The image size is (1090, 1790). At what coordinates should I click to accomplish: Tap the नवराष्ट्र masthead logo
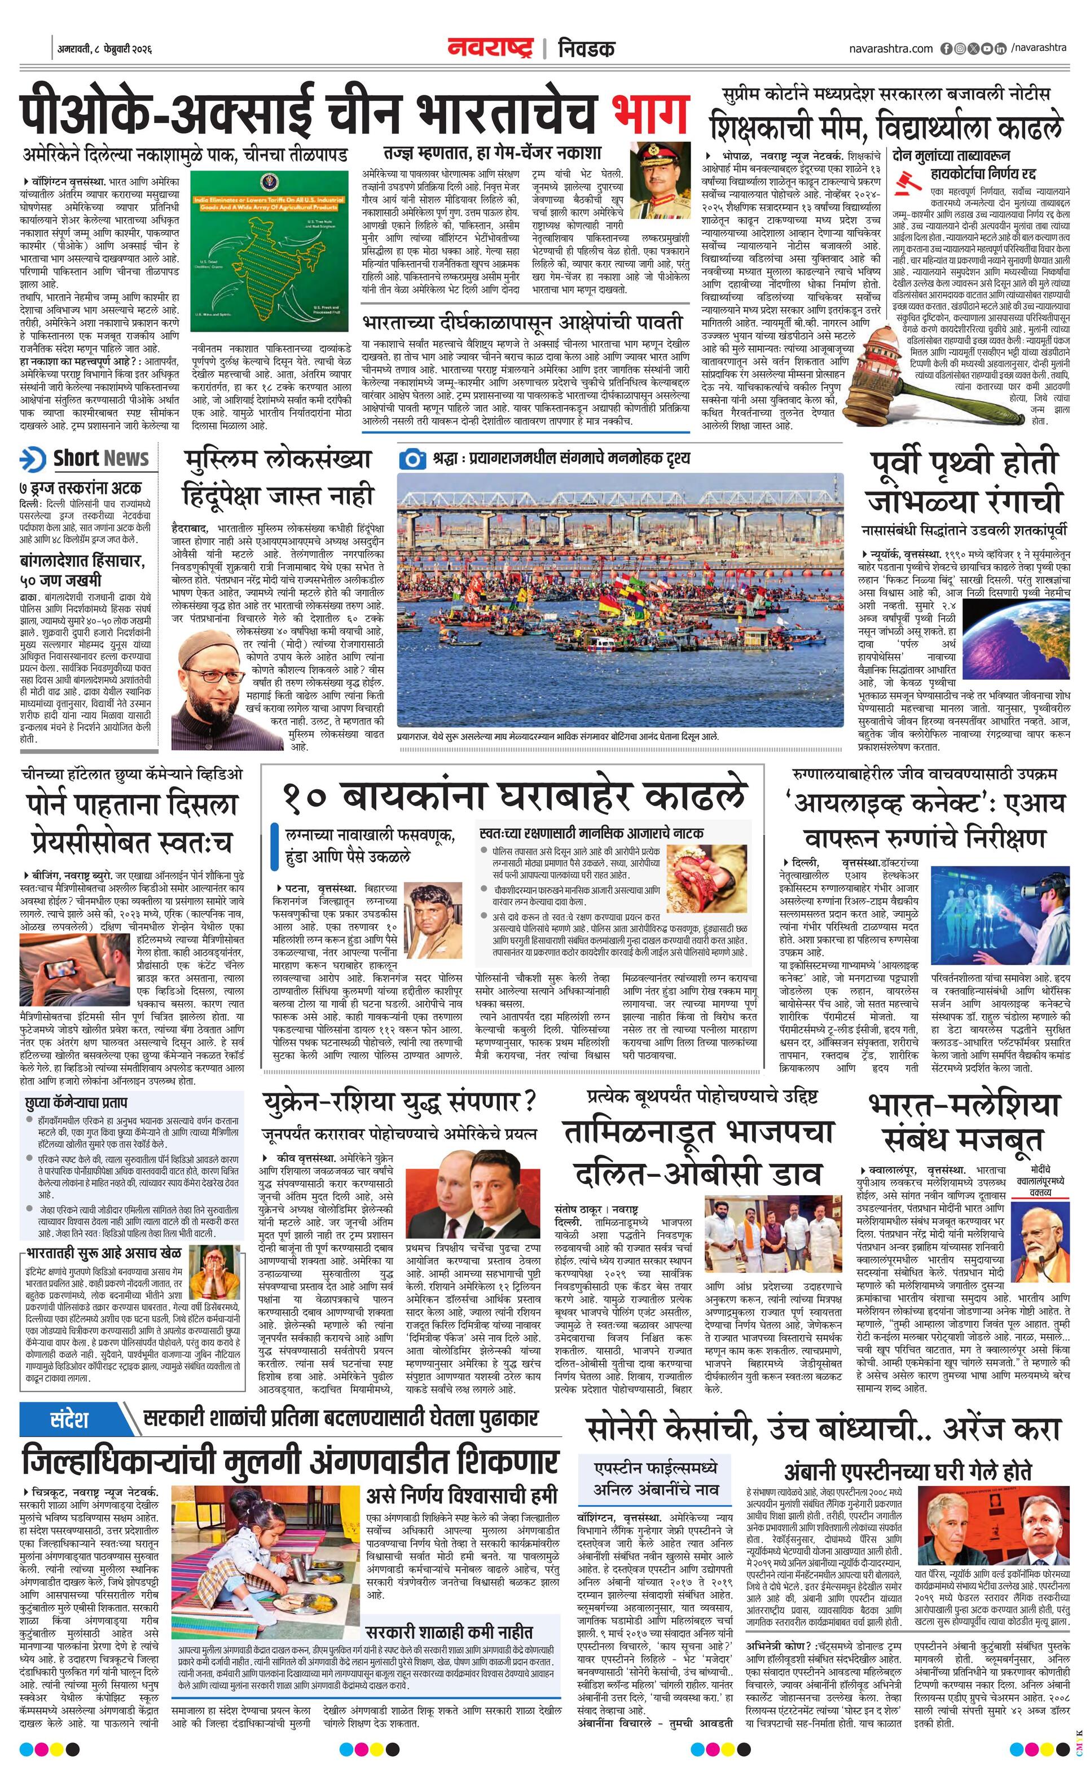pos(490,48)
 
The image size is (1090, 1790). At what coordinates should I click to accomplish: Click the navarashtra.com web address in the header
pos(890,48)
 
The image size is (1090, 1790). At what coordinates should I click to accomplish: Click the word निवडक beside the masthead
pos(586,49)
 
